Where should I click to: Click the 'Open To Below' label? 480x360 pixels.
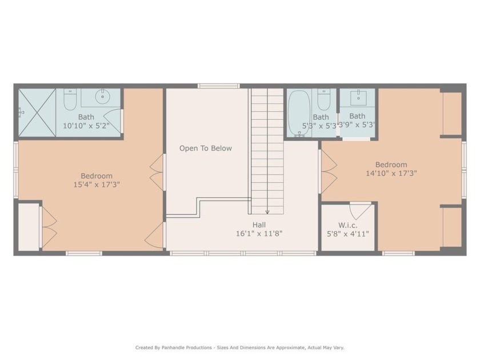pos(206,149)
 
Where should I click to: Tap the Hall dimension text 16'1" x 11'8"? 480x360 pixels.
pos(259,234)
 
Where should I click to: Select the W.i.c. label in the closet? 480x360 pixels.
pos(348,225)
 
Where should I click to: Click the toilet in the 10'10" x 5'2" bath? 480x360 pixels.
pos(70,100)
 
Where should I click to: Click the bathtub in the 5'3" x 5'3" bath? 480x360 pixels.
pos(298,111)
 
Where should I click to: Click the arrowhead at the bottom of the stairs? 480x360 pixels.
pos(267,212)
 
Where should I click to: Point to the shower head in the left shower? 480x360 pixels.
pos(21,113)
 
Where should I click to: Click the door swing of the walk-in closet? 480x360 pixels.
pos(360,211)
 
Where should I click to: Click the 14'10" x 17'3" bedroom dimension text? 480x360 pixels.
pos(391,173)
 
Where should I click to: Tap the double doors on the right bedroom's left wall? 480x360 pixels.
pos(328,171)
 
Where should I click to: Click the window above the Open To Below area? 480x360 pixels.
pos(218,86)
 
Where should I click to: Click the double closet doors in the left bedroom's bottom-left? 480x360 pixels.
pos(49,227)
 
